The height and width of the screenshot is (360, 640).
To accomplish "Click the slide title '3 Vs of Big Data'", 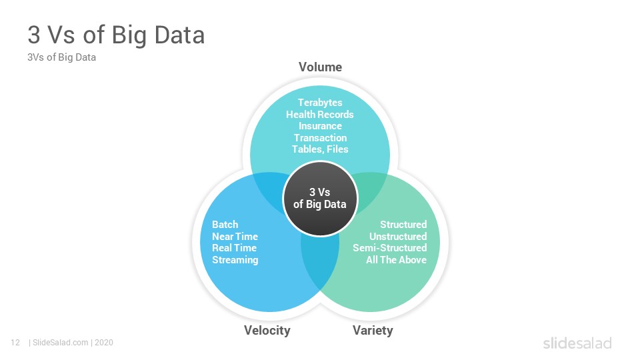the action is [116, 35].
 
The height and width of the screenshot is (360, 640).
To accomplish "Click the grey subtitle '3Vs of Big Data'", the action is [61, 57].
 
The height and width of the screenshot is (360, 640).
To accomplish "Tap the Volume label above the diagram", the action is [321, 67].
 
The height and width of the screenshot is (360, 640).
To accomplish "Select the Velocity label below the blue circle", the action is [267, 330].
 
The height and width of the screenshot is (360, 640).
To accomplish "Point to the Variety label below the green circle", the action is [373, 330].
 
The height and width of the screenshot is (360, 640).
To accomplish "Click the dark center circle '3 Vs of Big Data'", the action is [320, 199].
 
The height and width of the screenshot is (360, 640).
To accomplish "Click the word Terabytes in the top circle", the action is [320, 103].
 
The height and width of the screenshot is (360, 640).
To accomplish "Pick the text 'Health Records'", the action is [320, 114].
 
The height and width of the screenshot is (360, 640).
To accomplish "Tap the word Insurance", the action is [320, 126].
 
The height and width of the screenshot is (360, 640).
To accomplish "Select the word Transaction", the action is [321, 138].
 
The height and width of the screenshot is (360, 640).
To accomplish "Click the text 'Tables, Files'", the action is [321, 149].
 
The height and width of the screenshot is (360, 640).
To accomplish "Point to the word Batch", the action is [225, 225].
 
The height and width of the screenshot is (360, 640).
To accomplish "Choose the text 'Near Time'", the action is [235, 236].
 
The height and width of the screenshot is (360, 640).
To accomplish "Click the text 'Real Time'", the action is [234, 248].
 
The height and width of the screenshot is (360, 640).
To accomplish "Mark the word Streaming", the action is [235, 260].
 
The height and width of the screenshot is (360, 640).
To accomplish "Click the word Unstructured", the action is [398, 236].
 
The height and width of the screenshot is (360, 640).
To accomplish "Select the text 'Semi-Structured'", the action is [390, 248].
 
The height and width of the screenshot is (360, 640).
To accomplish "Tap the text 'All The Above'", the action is [396, 260].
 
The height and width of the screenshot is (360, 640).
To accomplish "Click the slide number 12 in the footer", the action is [15, 343].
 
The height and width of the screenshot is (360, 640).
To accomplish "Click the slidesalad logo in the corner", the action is [577, 343].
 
